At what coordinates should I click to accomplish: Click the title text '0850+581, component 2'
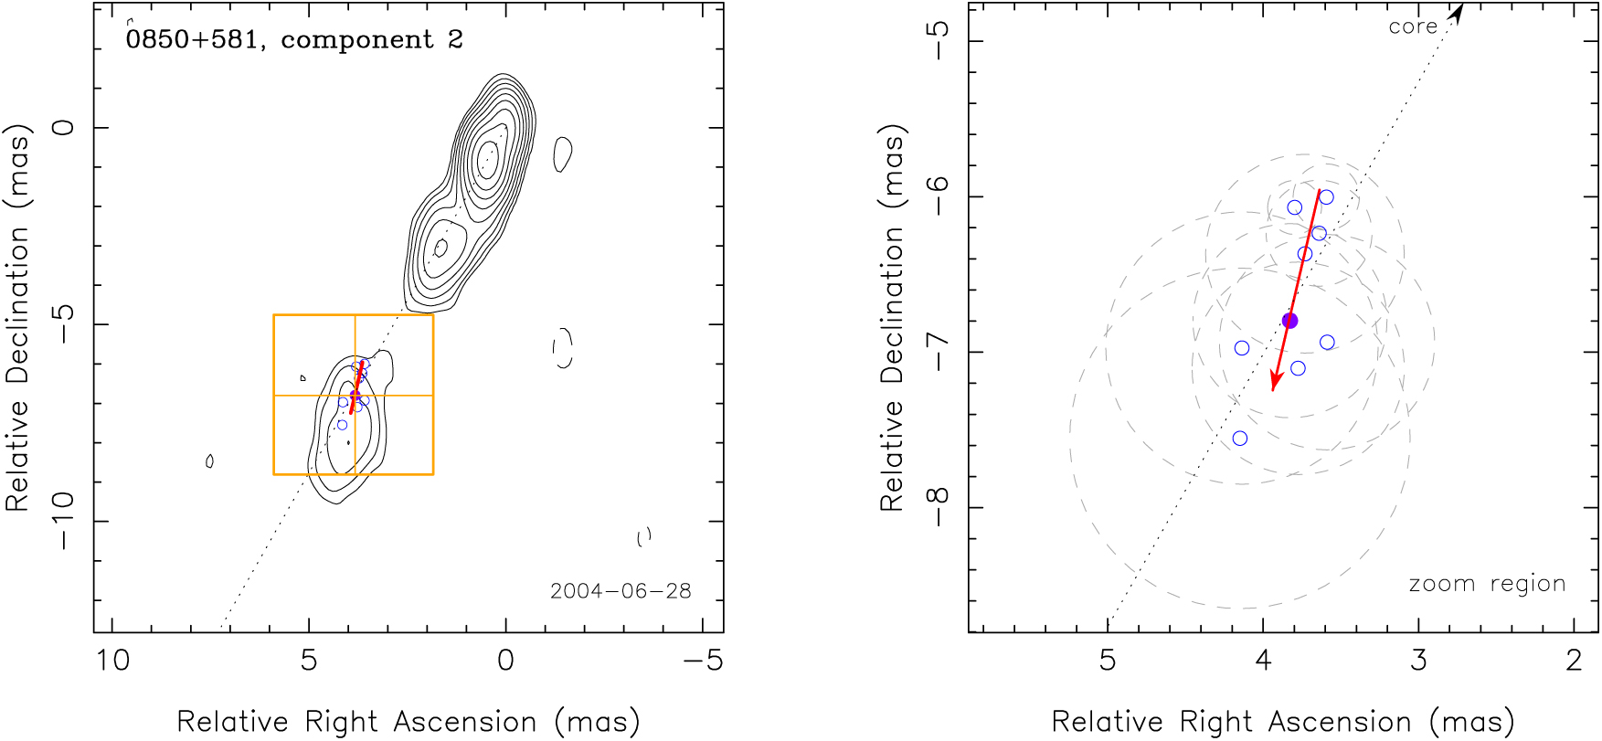[x=294, y=40]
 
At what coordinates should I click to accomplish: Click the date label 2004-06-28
[x=621, y=591]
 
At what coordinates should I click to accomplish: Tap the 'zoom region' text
[x=1487, y=584]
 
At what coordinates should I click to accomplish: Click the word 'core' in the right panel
[x=1413, y=27]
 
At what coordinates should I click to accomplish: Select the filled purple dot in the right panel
[x=1289, y=321]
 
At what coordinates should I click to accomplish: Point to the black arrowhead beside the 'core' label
[x=1458, y=13]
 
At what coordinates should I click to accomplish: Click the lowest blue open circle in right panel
[x=1240, y=439]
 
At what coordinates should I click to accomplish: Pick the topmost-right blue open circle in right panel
[x=1326, y=197]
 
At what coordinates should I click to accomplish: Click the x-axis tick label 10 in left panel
[x=112, y=660]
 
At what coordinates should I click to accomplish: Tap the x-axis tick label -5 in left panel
[x=703, y=660]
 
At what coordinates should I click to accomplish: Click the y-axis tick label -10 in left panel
[x=64, y=521]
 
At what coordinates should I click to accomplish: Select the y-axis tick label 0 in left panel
[x=64, y=127]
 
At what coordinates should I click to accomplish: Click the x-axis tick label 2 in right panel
[x=1574, y=660]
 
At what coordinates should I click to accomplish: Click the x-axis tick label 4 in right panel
[x=1263, y=660]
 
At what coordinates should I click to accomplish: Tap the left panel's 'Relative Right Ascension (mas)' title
[x=408, y=722]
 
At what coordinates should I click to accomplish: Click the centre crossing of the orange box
[x=355, y=396]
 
